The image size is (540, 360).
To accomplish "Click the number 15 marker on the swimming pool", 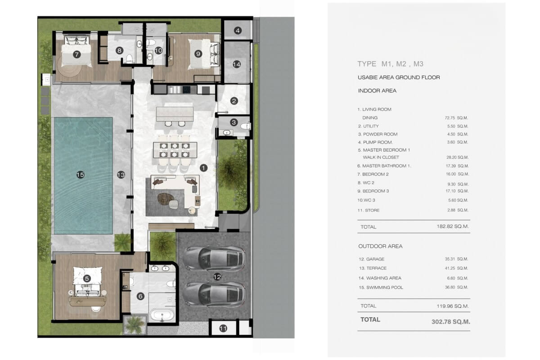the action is (x=80, y=175).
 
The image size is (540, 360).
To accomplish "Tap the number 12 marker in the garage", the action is (x=217, y=277).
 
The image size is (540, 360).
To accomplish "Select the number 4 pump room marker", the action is (x=238, y=31).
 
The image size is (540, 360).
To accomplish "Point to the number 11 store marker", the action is (x=223, y=328).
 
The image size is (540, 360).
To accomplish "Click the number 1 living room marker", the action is (x=204, y=168).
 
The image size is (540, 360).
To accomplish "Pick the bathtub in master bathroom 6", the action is (x=162, y=315).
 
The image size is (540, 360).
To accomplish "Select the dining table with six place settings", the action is (x=175, y=150).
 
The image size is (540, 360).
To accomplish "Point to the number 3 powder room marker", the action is (x=234, y=122).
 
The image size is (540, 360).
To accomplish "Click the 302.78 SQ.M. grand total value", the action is (x=451, y=322).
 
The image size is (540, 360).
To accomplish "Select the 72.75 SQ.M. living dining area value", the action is (x=456, y=117).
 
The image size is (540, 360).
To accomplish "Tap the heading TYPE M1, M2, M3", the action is (x=390, y=64).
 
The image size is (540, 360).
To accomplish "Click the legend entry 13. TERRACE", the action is (x=373, y=268).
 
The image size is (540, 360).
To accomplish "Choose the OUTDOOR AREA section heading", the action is (x=380, y=246).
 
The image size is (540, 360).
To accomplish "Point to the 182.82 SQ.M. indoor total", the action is (x=453, y=226).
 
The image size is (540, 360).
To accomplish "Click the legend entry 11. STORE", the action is (x=369, y=210).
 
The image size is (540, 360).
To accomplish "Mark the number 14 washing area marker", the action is (x=237, y=64).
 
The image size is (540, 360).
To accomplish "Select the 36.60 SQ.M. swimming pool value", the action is (x=456, y=287).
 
